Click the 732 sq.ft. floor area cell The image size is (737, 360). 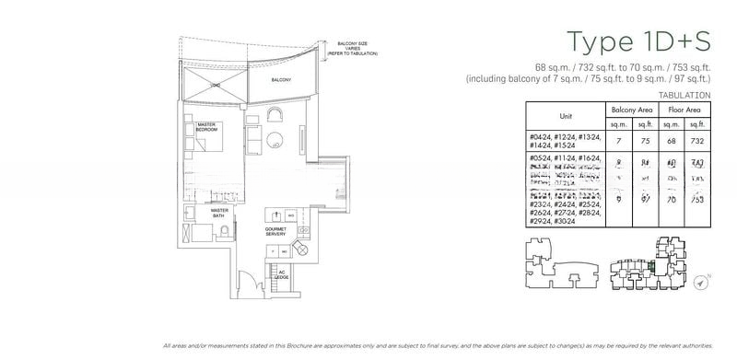pos(699,142)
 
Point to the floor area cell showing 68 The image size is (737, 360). pos(673,142)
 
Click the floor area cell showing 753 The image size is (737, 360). pos(699,198)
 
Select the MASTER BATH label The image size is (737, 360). pos(218,212)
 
